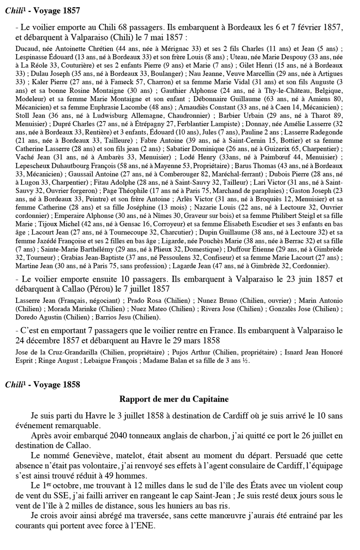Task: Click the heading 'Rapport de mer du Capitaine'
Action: pos(174,399)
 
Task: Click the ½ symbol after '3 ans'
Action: pos(246,361)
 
